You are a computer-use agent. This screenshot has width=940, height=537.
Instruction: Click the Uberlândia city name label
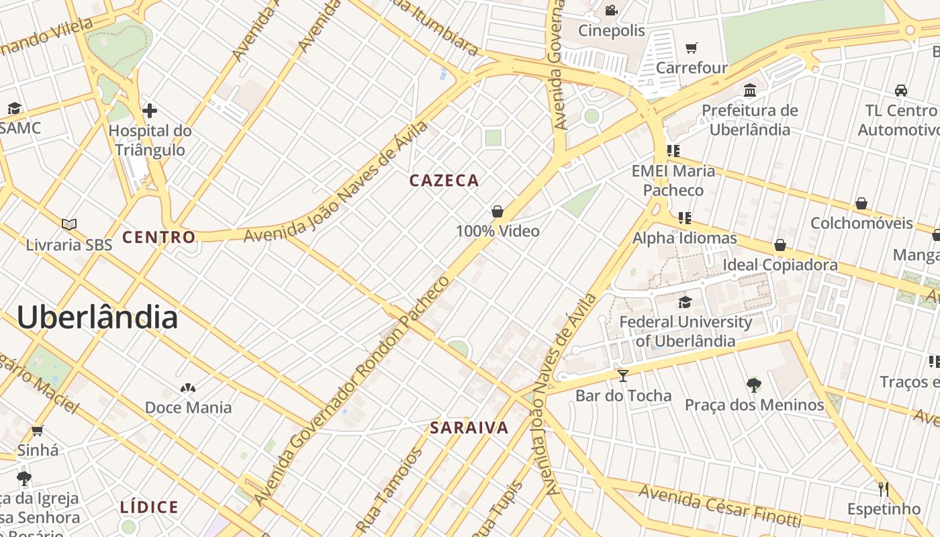pos(97,317)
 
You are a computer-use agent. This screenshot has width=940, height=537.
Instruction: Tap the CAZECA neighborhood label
pos(444,181)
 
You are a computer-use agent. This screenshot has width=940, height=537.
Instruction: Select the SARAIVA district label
pos(469,428)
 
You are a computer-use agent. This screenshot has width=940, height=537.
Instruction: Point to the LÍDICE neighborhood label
pos(149,507)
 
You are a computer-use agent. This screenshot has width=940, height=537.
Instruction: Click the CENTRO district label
pos(158,237)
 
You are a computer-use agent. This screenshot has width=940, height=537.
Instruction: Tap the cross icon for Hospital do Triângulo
pos(150,111)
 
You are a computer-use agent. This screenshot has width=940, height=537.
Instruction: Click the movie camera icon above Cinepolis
pos(611,11)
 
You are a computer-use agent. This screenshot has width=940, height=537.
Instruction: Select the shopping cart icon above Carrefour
pos(692,48)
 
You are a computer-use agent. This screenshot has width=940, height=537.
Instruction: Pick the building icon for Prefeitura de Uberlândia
pos(750,90)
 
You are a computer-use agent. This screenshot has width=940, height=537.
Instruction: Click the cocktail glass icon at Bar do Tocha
pos(623,375)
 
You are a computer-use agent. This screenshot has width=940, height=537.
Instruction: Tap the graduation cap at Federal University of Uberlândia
pos(685,302)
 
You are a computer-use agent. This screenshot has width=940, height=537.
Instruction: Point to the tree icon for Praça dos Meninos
pos(754,385)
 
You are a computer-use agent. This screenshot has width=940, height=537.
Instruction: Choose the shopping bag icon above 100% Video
pos(498,211)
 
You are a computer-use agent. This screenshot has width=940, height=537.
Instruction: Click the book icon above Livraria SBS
pos(69,224)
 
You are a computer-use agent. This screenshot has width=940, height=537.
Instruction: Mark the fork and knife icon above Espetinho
pos(884,489)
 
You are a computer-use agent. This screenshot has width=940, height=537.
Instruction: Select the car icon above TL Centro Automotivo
pos(901,90)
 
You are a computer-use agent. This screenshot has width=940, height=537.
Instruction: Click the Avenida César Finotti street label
pos(719,505)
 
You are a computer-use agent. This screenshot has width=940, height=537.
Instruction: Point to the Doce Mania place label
pos(188,407)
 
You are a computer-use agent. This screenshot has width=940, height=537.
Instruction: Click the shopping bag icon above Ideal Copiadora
pos(780,245)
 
